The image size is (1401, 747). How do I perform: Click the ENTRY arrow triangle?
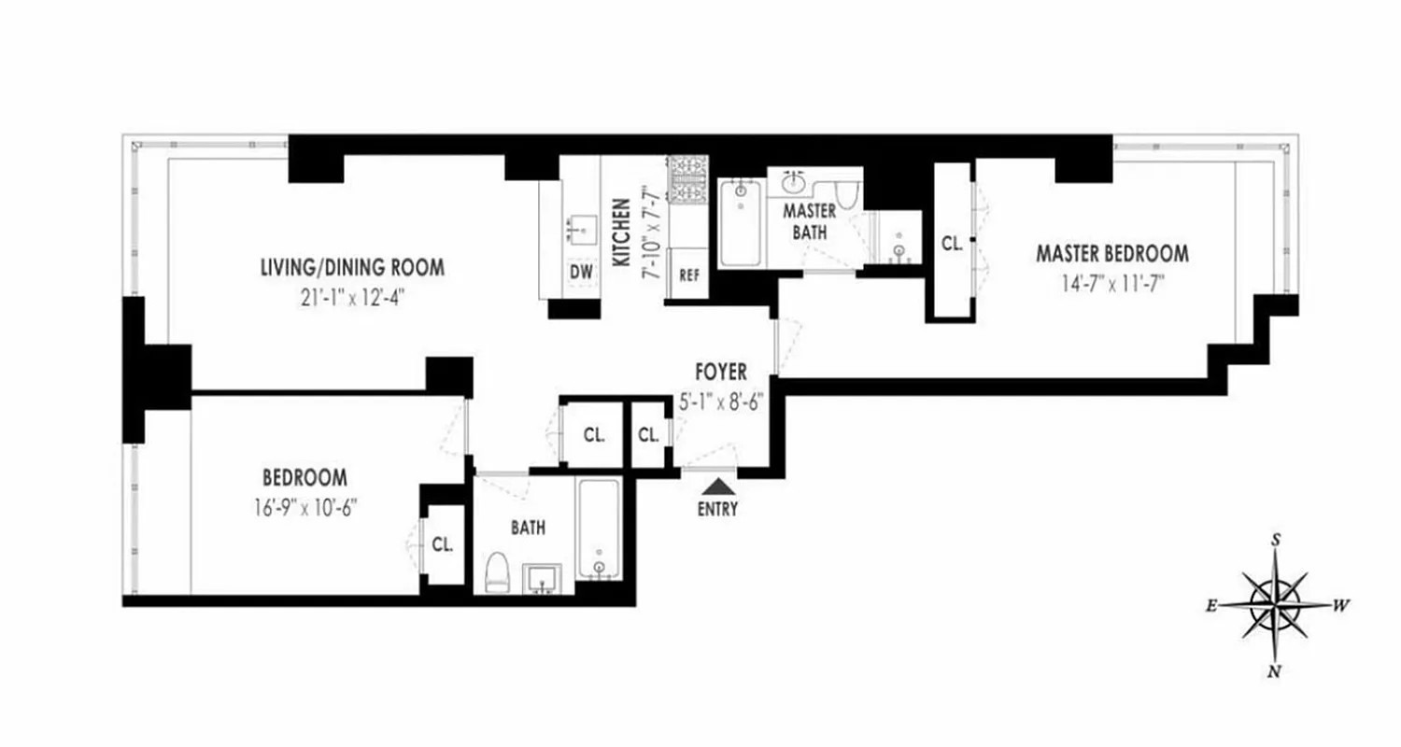coord(719,486)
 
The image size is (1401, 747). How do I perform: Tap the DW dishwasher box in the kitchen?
coord(581,272)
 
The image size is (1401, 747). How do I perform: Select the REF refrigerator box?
coord(689,275)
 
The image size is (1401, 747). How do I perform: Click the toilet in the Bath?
coord(496,571)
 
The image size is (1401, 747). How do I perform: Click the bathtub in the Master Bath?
coord(741,220)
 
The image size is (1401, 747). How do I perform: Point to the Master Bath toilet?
coord(846,194)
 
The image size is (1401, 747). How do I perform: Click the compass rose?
coord(1276,603)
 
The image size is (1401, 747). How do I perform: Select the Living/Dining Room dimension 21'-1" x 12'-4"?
coord(351,300)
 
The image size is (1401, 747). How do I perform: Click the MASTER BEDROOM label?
coord(1111,253)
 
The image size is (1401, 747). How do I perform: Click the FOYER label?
coord(720,373)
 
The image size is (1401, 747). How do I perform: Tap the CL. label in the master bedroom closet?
coord(952,244)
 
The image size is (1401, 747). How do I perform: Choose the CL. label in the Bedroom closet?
coord(442,545)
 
